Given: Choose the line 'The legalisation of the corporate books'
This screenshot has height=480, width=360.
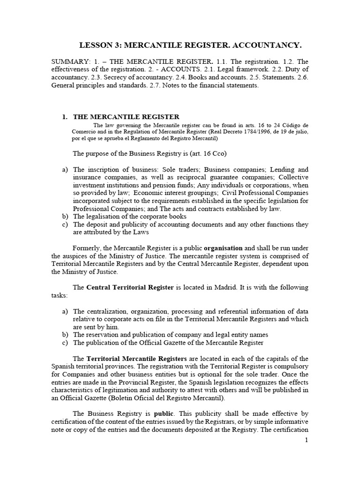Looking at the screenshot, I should coord(130,217).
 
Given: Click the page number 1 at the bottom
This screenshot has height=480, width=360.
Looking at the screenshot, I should coord(306,440).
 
